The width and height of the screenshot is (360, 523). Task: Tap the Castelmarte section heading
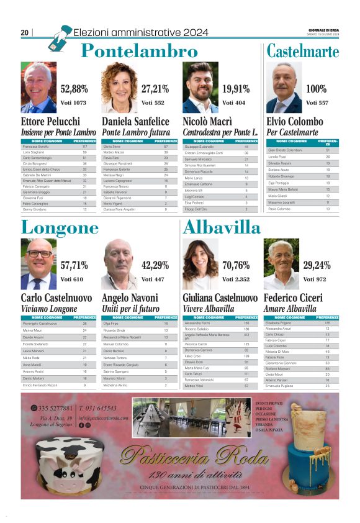pos(303,51)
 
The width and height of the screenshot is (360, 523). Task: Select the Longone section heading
pos(60,227)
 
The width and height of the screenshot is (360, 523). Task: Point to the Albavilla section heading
pos(222,227)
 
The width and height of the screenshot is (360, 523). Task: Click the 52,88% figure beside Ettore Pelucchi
pos(74,89)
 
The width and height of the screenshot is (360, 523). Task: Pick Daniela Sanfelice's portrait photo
pos(119,88)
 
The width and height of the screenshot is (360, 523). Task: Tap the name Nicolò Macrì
pos(207,121)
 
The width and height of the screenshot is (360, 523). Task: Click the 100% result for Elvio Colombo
pos(316,89)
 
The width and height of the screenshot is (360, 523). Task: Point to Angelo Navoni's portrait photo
pos(119,265)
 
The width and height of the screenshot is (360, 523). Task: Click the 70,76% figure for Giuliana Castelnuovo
pos(236,265)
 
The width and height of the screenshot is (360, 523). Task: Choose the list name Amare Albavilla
pos(290,309)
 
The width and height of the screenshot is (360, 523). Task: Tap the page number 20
pos(25,32)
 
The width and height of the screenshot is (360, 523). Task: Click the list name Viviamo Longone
pos(50,309)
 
